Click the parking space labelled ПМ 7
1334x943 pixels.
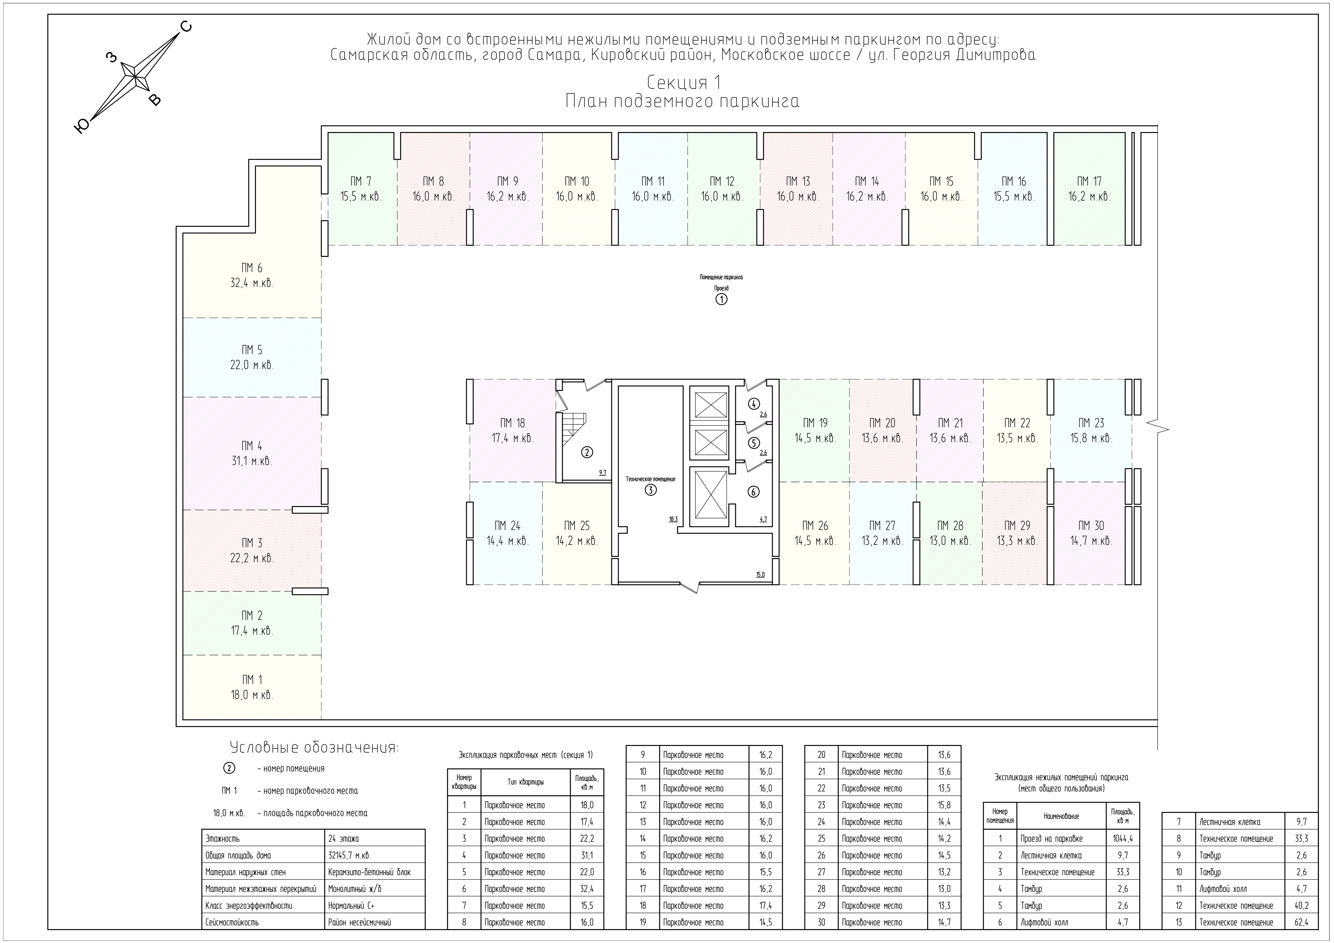[x=361, y=189]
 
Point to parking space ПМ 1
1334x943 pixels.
[x=252, y=687]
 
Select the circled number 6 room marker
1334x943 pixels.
[x=754, y=492]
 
